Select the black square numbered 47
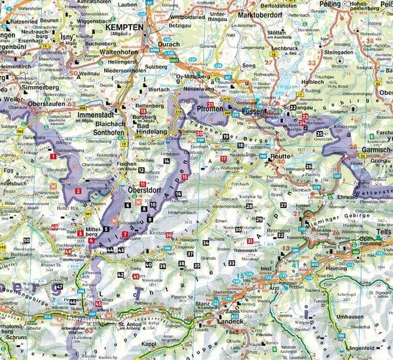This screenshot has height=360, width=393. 60,287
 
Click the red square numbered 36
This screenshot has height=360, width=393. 170,235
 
